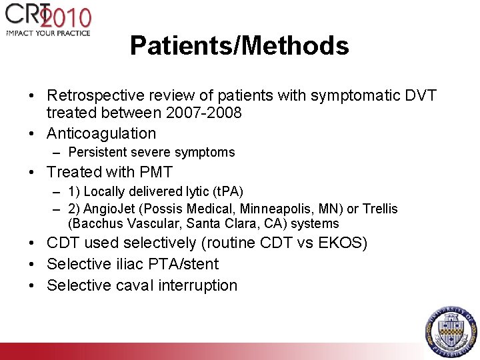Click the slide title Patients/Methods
coord(239,46)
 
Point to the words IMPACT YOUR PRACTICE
coord(48,32)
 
